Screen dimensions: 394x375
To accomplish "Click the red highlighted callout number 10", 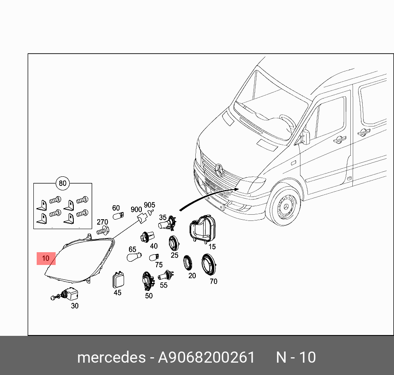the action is click(46, 258).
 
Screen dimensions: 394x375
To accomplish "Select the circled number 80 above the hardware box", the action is click(62, 183).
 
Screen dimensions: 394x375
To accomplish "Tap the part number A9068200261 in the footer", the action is click(206, 357).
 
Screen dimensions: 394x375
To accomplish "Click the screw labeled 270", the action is click(103, 230).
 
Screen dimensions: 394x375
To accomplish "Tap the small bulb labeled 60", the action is click(118, 216).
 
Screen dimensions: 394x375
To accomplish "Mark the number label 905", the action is click(149, 205).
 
